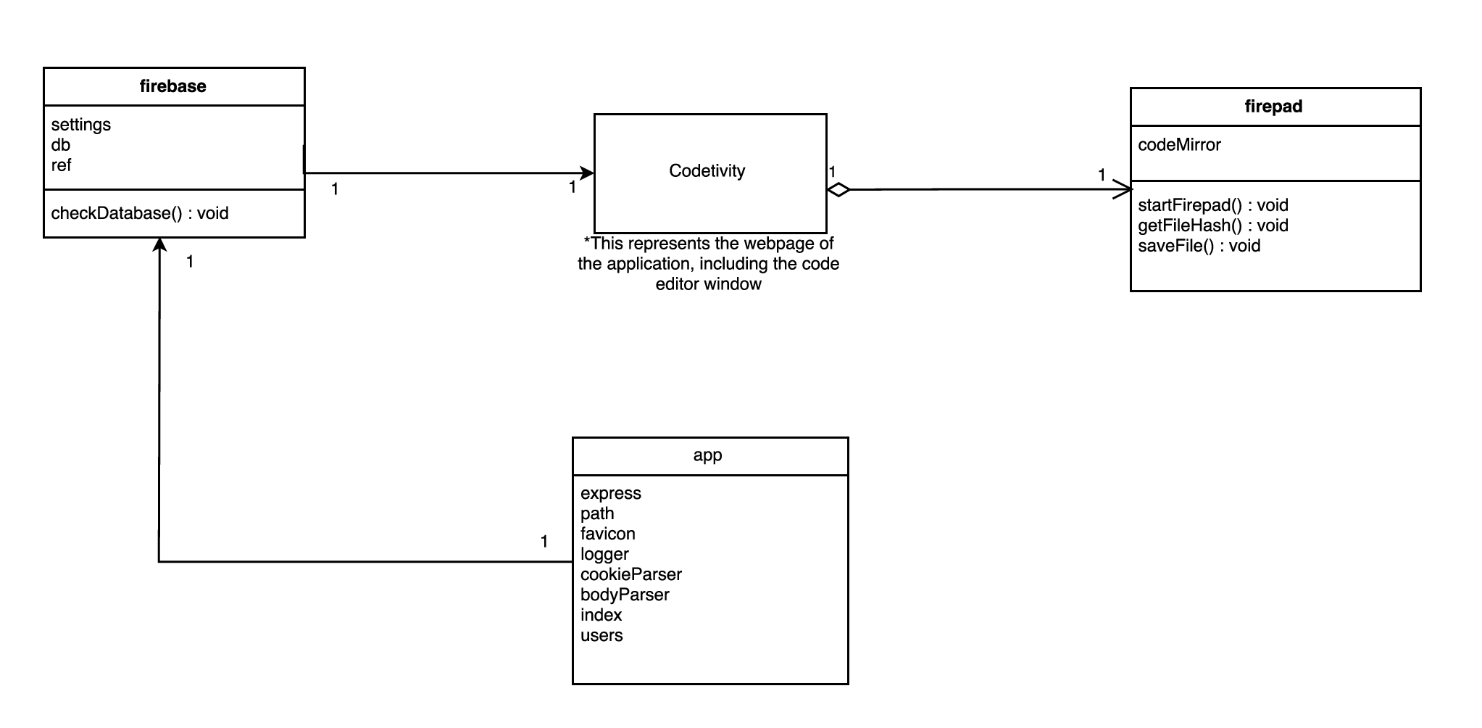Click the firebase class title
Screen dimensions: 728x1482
tap(172, 86)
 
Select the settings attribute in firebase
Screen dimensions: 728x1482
tap(80, 125)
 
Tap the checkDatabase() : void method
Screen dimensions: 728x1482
tap(140, 213)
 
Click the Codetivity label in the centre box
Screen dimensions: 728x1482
tap(707, 171)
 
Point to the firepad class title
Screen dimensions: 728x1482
tap(1273, 107)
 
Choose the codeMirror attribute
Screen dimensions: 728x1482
tap(1179, 145)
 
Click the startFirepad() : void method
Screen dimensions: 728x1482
tap(1212, 205)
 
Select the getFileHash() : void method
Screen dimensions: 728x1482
tap(1212, 226)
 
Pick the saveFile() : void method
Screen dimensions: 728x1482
tap(1199, 246)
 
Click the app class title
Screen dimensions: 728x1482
tap(707, 455)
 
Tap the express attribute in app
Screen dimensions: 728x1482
tap(610, 493)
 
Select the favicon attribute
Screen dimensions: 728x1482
tap(607, 534)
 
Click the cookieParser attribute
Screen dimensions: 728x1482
tap(630, 574)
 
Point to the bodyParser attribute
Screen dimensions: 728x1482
tap(624, 595)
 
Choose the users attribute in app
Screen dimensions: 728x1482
tap(601, 635)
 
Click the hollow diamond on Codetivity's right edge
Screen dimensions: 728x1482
tap(838, 190)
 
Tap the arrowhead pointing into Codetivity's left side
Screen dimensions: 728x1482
tap(588, 173)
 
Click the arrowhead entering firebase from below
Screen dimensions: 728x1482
tap(159, 244)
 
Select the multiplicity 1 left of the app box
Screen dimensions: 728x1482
tap(544, 542)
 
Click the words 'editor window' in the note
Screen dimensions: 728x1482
tap(708, 284)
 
